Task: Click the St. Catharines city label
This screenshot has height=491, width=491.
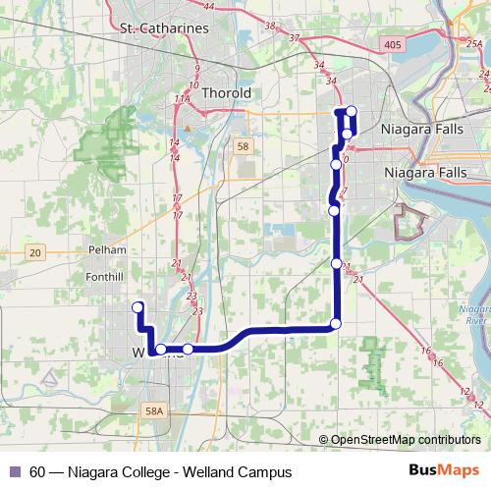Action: coord(163,28)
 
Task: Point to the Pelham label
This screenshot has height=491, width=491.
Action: coord(107,249)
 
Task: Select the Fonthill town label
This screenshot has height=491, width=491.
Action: coord(104,277)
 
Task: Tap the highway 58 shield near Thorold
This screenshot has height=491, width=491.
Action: coord(244,146)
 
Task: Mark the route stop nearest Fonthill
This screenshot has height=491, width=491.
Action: coord(138,306)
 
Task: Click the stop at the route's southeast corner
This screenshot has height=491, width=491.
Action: coord(336,324)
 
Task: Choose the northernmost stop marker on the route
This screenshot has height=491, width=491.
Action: coord(352,111)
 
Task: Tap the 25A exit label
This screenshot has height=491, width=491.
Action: coord(473,42)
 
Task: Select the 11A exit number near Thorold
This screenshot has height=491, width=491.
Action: coord(182,99)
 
